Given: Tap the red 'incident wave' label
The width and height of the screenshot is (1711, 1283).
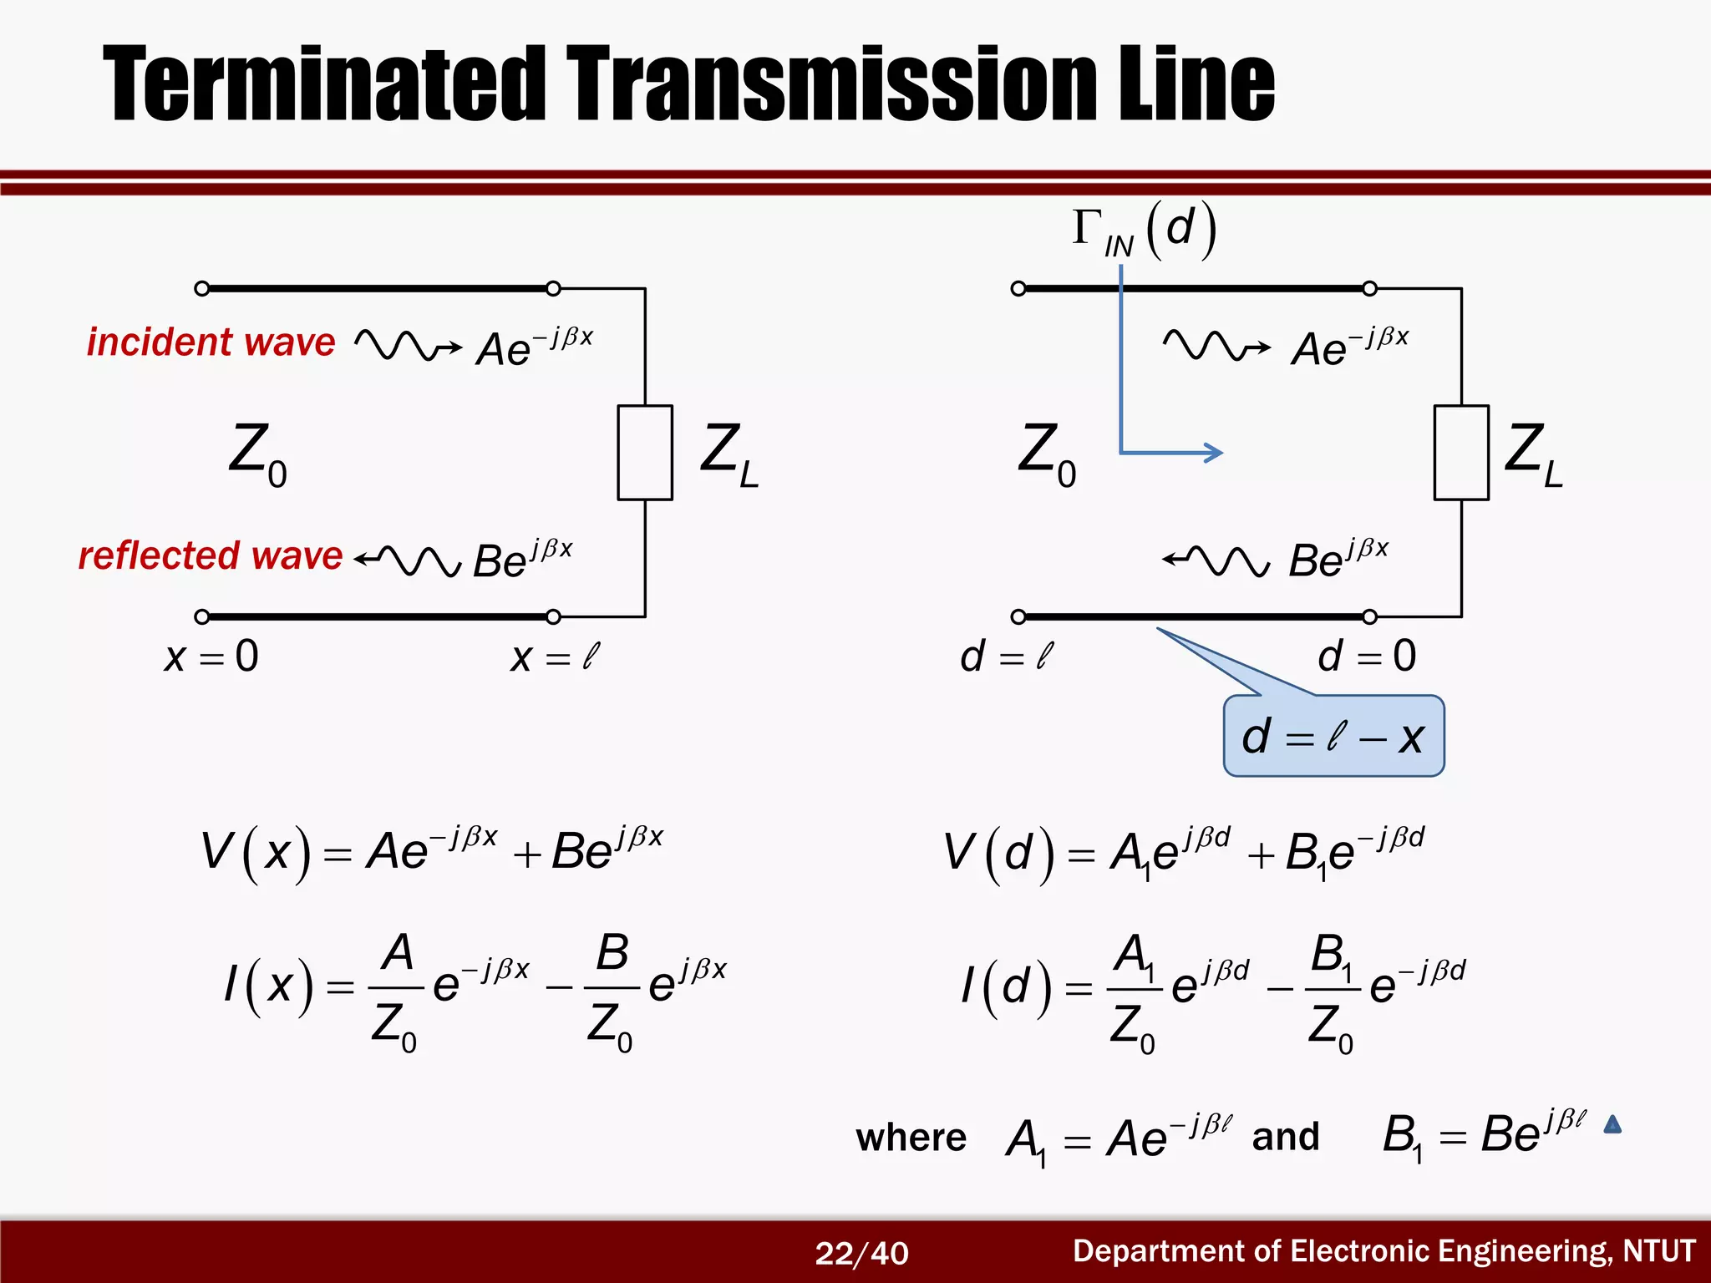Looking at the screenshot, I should (x=211, y=342).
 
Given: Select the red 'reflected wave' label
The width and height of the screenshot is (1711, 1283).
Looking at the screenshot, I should (x=210, y=555).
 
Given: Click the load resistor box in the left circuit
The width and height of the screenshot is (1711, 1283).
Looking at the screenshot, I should (x=645, y=452).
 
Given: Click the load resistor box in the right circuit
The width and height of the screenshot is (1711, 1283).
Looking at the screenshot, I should (x=1461, y=452).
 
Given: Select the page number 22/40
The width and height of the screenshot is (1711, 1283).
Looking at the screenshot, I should (x=861, y=1253).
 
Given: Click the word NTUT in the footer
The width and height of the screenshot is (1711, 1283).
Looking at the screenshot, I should (x=1658, y=1251).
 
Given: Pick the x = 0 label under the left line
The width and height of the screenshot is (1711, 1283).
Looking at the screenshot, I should (x=211, y=657).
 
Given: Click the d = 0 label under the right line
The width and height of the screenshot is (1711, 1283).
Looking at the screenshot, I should (x=1367, y=657).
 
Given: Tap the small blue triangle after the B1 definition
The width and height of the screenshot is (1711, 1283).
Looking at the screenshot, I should (x=1612, y=1125).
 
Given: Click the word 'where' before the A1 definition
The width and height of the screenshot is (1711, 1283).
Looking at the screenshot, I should (x=911, y=1138).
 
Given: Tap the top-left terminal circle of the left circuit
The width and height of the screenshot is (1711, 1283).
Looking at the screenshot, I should (x=201, y=289).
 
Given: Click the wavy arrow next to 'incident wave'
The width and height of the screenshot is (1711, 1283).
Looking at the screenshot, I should (x=407, y=344).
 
